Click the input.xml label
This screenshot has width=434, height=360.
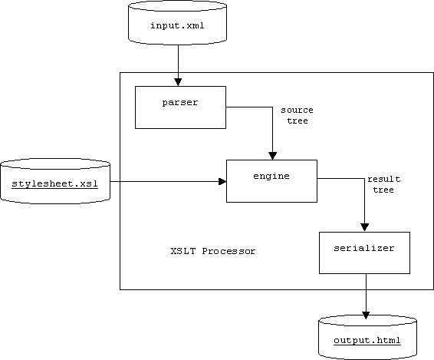[x=177, y=25]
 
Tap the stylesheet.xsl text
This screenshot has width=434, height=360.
[x=54, y=183]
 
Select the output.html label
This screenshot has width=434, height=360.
[x=367, y=340]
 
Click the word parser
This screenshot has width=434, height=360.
[x=180, y=103]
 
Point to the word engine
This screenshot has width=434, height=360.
[x=271, y=177]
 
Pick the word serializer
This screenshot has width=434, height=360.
[x=364, y=248]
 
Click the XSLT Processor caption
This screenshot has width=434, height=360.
[x=213, y=251]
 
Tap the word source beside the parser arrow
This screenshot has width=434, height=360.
[x=298, y=111]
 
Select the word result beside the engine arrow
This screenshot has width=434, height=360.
[x=384, y=179]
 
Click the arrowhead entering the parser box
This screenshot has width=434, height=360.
[x=178, y=82]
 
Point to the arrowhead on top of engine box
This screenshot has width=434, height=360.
[x=273, y=156]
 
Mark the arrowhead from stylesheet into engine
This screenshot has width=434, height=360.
[x=222, y=181]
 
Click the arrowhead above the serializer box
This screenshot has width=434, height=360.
[x=364, y=227]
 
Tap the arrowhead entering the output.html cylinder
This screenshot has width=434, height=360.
[x=366, y=315]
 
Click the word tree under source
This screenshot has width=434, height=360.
[x=298, y=121]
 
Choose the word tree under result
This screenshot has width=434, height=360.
[x=383, y=190]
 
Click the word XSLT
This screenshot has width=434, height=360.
[x=183, y=251]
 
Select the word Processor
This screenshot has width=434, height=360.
[x=229, y=251]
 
